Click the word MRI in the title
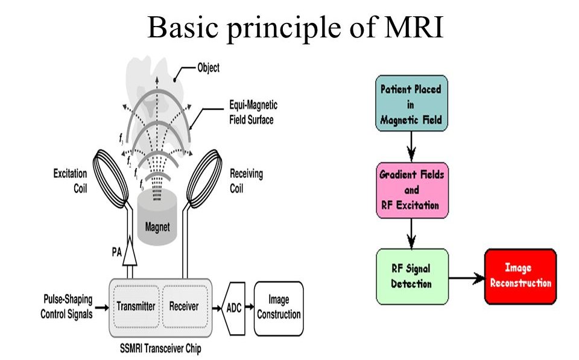point(413,27)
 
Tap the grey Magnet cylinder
point(157,217)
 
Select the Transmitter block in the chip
point(136,306)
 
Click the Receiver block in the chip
point(185,306)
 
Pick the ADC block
point(234,308)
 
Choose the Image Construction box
point(279,308)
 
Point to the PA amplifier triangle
point(129,252)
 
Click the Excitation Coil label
point(70,181)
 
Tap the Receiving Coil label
point(246,181)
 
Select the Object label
point(209,68)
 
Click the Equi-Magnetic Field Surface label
point(253,112)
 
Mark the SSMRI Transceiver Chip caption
point(160,348)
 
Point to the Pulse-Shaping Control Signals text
point(66,306)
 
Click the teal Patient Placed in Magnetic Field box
point(411,103)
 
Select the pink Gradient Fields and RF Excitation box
point(412,190)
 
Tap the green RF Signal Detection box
point(412,276)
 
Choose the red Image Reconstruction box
point(520,276)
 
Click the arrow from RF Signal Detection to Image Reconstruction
point(466,278)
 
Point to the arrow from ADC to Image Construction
point(250,306)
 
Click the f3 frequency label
point(121,139)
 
